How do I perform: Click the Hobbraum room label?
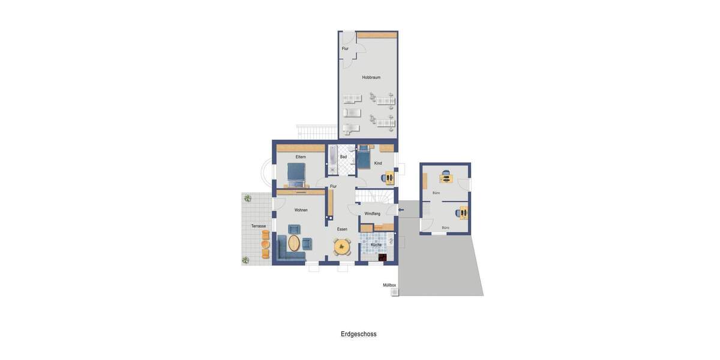click(x=371, y=77)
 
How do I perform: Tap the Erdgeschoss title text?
click(x=359, y=334)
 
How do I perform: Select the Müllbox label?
click(x=389, y=285)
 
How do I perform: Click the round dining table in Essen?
click(x=343, y=246)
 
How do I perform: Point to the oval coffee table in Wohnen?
click(x=294, y=243)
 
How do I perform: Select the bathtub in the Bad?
click(x=332, y=160)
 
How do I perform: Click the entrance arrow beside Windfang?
click(x=401, y=210)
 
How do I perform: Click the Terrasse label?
click(x=259, y=226)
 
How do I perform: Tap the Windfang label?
click(x=372, y=214)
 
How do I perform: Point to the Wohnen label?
click(x=301, y=210)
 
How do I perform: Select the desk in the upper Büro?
click(x=446, y=178)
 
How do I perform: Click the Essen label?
click(x=342, y=229)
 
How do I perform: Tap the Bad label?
click(x=343, y=157)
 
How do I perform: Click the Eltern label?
click(x=301, y=157)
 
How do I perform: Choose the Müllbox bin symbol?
click(x=395, y=292)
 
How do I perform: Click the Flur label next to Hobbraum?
click(x=345, y=49)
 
